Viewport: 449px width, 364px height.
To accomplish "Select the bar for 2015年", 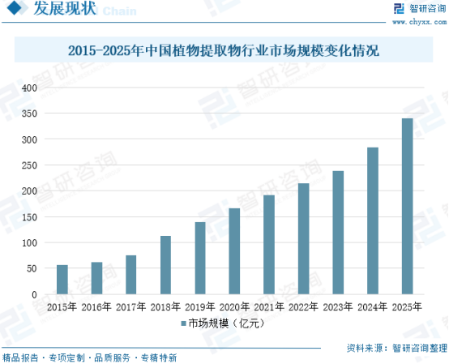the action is pos(62,280).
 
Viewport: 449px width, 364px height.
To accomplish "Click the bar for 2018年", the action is pos(165,265).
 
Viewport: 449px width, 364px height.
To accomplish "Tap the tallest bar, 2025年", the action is pos(407,206).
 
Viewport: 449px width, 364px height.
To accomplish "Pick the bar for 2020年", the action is pos(234,251).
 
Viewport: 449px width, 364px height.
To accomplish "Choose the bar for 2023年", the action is pos(338,233).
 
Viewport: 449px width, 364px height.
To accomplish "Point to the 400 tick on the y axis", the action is pos(29,88).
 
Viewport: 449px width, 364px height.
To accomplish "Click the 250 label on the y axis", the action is pos(29,165).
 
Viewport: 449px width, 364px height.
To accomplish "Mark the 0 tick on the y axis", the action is pos(34,294).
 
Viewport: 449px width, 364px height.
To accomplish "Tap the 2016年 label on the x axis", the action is pos(96,307).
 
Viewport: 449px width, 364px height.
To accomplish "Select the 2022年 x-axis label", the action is pos(304,307).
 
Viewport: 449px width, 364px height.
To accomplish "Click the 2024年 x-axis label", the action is pos(373,307).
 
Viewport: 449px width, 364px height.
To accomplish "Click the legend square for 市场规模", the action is pos(184,323).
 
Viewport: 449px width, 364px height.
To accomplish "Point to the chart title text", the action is pos(224,51).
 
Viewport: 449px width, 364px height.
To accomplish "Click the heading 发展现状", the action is pos(65,8).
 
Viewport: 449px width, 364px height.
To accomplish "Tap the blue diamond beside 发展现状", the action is pos(14,7).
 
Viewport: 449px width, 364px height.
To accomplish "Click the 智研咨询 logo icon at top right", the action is pos(399,9).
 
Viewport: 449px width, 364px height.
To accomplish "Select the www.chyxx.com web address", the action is pos(419,22).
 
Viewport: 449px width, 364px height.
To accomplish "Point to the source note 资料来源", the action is pos(396,349).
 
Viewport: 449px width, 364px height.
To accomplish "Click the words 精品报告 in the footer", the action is pos(20,358).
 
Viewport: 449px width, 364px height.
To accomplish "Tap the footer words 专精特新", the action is pos(159,358).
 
